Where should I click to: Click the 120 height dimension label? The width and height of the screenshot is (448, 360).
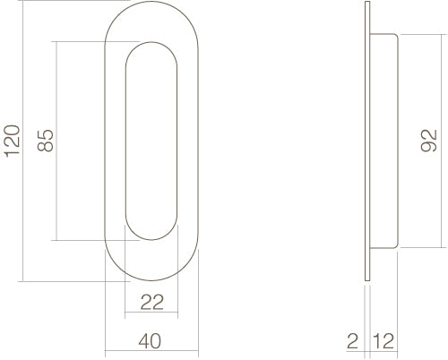[13, 141]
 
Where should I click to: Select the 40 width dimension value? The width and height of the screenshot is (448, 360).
[151, 340]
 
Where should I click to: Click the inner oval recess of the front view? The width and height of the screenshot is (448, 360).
[151, 141]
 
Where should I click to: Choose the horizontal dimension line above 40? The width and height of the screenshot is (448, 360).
[151, 350]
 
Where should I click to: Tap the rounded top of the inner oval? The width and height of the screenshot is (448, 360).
[151, 42]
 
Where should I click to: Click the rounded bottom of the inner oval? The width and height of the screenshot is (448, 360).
[151, 240]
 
